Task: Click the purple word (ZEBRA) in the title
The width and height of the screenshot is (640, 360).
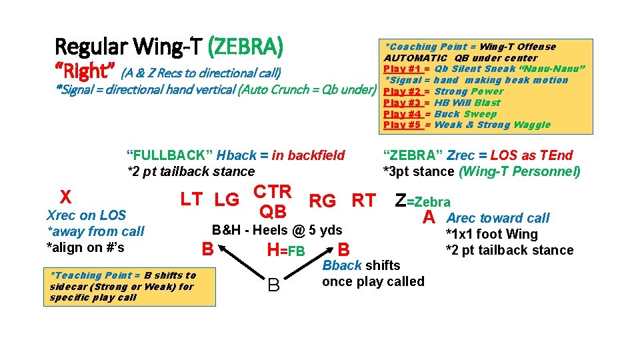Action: (x=246, y=47)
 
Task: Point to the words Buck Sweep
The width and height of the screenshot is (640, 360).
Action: (x=466, y=114)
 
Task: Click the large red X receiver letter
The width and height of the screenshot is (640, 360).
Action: (x=65, y=197)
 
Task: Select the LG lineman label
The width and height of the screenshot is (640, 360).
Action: (x=227, y=199)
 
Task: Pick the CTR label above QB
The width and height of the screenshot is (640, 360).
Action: (x=272, y=192)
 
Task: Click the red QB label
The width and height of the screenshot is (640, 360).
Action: (x=272, y=212)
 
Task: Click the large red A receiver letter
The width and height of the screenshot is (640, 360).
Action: (x=429, y=218)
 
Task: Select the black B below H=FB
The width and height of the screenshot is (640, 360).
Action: (x=273, y=285)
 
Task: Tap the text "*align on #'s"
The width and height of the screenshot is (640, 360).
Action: (x=85, y=247)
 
